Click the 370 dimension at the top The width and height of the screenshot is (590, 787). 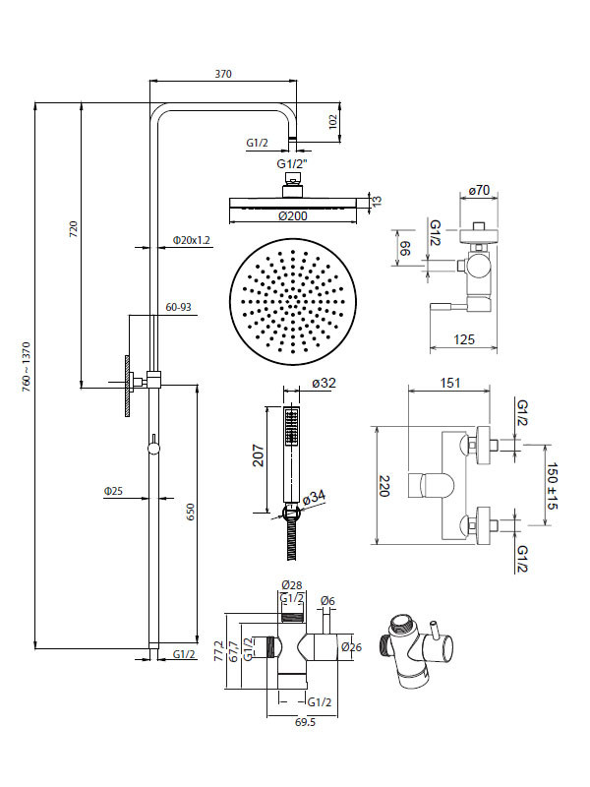pos(223,74)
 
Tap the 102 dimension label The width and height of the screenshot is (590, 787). pos(332,122)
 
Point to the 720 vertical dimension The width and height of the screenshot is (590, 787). pos(73,230)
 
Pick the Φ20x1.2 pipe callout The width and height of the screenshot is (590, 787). pos(192,239)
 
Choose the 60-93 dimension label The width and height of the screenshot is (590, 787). pos(178,308)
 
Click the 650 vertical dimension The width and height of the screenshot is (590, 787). pos(192,512)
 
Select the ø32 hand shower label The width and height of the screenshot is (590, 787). pos(324,385)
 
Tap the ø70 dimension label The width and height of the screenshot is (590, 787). pos(480,190)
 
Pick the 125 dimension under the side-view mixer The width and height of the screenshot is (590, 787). pos(465,339)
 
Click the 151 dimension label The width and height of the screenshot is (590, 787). pos(449,383)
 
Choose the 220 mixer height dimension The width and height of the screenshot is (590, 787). pos(386,485)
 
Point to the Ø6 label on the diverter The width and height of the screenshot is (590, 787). pos(328,601)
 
